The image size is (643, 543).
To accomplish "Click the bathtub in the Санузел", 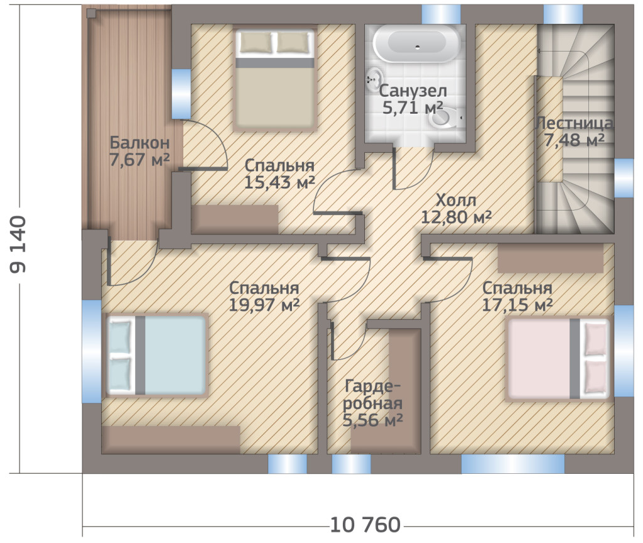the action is pyautogui.click(x=417, y=43).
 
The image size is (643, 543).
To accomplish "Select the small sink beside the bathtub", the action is pyautogui.click(x=375, y=80).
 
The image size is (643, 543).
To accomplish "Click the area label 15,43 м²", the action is pyautogui.click(x=279, y=182).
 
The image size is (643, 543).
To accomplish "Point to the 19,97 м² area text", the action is pyautogui.click(x=264, y=305).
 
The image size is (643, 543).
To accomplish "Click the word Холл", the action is pyautogui.click(x=456, y=200).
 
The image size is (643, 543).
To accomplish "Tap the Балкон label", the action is pyautogui.click(x=139, y=143).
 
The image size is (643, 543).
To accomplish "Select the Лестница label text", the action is pyautogui.click(x=574, y=123).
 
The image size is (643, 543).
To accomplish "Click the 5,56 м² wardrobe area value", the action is pyautogui.click(x=372, y=420).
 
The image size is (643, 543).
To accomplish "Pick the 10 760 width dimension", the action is pyautogui.click(x=365, y=525).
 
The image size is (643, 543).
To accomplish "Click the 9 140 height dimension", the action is pyautogui.click(x=18, y=244).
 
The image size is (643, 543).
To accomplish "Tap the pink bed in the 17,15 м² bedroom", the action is pyautogui.click(x=558, y=359).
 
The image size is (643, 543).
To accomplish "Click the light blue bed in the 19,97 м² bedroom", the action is pyautogui.click(x=156, y=356).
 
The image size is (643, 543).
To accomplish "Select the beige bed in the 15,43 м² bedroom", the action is pyautogui.click(x=275, y=79).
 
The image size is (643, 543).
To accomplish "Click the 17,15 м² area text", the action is pyautogui.click(x=517, y=305).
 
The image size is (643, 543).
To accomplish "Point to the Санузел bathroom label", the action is pyautogui.click(x=413, y=90).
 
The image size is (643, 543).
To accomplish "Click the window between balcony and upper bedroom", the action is pyautogui.click(x=181, y=94).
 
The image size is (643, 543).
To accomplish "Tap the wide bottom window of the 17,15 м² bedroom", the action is pyautogui.click(x=512, y=464).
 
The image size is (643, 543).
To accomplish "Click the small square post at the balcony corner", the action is pyautogui.click(x=91, y=13).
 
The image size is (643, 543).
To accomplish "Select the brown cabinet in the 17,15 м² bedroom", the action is pyautogui.click(x=550, y=258).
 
